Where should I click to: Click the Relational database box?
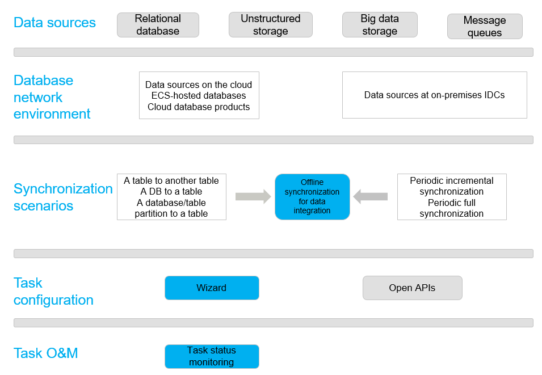pos(158,25)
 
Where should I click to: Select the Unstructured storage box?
pos(271,25)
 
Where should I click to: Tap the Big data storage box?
pos(380,25)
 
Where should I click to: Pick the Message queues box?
pos(485,26)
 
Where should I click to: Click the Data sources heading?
pos(54,23)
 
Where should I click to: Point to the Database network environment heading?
pos(52,97)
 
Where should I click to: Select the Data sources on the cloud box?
pos(199,95)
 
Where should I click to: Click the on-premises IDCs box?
pos(435,95)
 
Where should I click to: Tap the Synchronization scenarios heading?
pos(63,197)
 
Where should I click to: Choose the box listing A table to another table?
pos(171,197)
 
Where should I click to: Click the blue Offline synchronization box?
pos(312,197)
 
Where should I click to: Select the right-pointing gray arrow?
pos(253,197)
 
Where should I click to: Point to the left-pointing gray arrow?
pos(370,197)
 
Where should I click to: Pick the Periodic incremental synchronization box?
pos(452,197)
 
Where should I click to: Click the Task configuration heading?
pos(53,292)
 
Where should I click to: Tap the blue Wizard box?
pos(212,288)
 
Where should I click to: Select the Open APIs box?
pos(413,288)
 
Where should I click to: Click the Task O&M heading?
pos(45,353)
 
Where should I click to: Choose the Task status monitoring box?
pos(212,356)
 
